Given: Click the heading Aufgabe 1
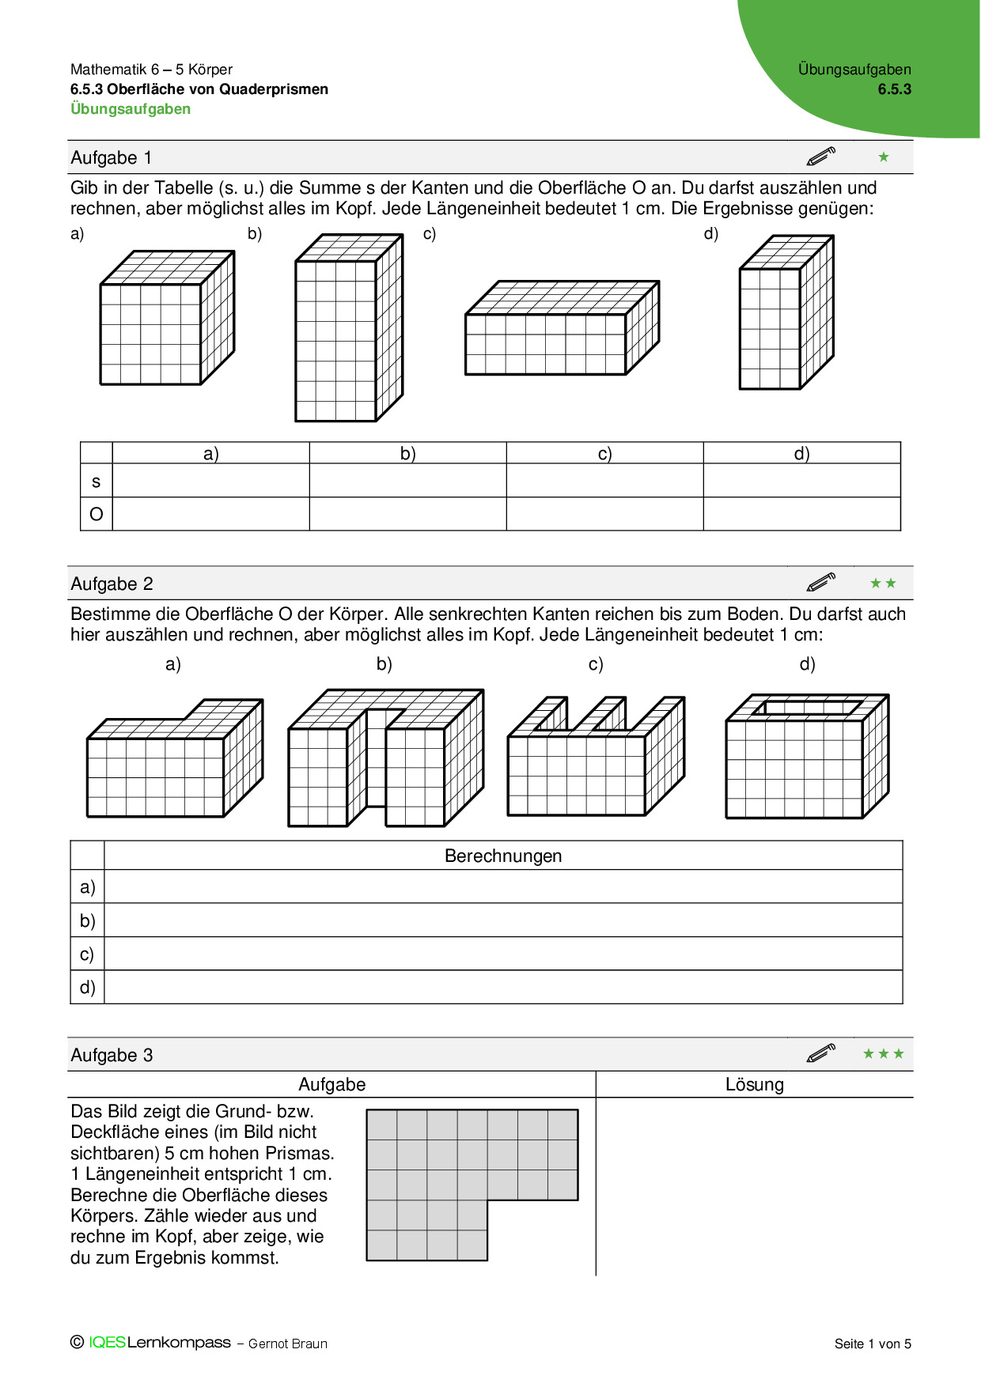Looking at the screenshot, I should coord(111,157).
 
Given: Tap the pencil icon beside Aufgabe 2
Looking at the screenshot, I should coord(821,583).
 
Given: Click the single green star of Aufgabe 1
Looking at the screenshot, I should coord(884,157).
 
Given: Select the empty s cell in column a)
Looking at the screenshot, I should coord(210,480).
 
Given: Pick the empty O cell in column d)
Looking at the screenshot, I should coord(801,514).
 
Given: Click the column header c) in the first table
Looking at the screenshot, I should coord(604,453).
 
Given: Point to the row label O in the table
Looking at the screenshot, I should coord(97,514).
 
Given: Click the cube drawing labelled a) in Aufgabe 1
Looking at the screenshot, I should coord(166,319).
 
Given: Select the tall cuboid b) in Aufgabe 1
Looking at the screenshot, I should coord(348,328).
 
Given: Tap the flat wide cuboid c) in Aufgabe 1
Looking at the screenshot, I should coord(562,328).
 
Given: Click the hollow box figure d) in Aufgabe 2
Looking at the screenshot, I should coord(807,757).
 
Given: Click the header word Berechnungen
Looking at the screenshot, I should coord(503,856).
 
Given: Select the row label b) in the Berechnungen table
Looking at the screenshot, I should coord(87,920).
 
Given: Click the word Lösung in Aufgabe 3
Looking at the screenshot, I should coord(754,1084).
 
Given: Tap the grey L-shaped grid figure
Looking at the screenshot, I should coord(443,1170).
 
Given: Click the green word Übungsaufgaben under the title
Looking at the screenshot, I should coord(131,109).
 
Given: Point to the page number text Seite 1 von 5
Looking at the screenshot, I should coord(873,1344).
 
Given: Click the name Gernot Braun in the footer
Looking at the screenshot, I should coord(287,1344).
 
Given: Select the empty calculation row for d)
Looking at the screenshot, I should coord(503,988).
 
